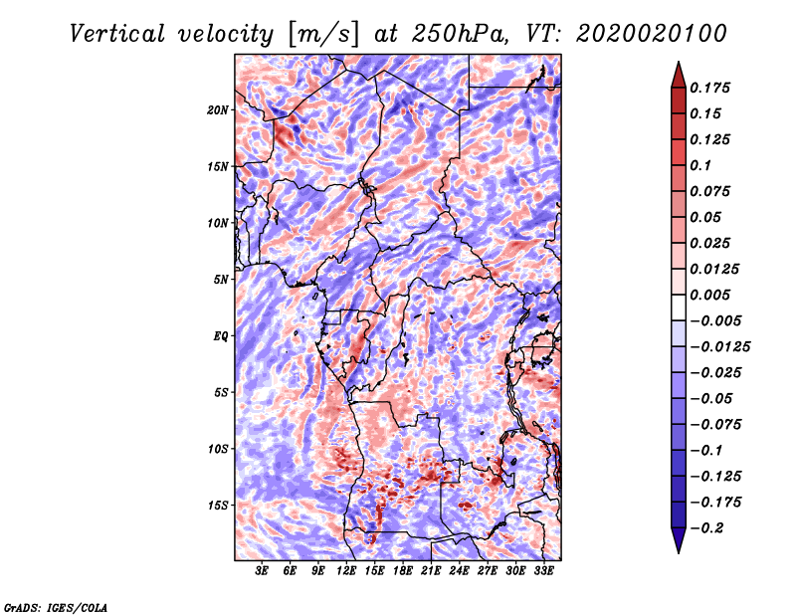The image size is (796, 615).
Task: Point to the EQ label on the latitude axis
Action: (x=221, y=336)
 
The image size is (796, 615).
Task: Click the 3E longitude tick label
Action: (x=263, y=572)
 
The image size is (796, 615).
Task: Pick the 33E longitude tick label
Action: (x=542, y=572)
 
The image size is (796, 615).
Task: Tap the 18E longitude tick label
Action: (x=402, y=572)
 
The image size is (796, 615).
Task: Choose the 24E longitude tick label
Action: (x=458, y=572)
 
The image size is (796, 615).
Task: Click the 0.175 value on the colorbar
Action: (x=711, y=88)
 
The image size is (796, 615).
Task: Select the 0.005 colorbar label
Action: (x=711, y=295)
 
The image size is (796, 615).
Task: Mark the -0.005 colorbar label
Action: (x=714, y=320)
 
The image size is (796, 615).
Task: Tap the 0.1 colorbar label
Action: (x=701, y=165)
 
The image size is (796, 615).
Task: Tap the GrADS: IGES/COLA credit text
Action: (x=55, y=606)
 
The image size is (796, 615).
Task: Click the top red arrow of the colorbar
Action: (x=678, y=71)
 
